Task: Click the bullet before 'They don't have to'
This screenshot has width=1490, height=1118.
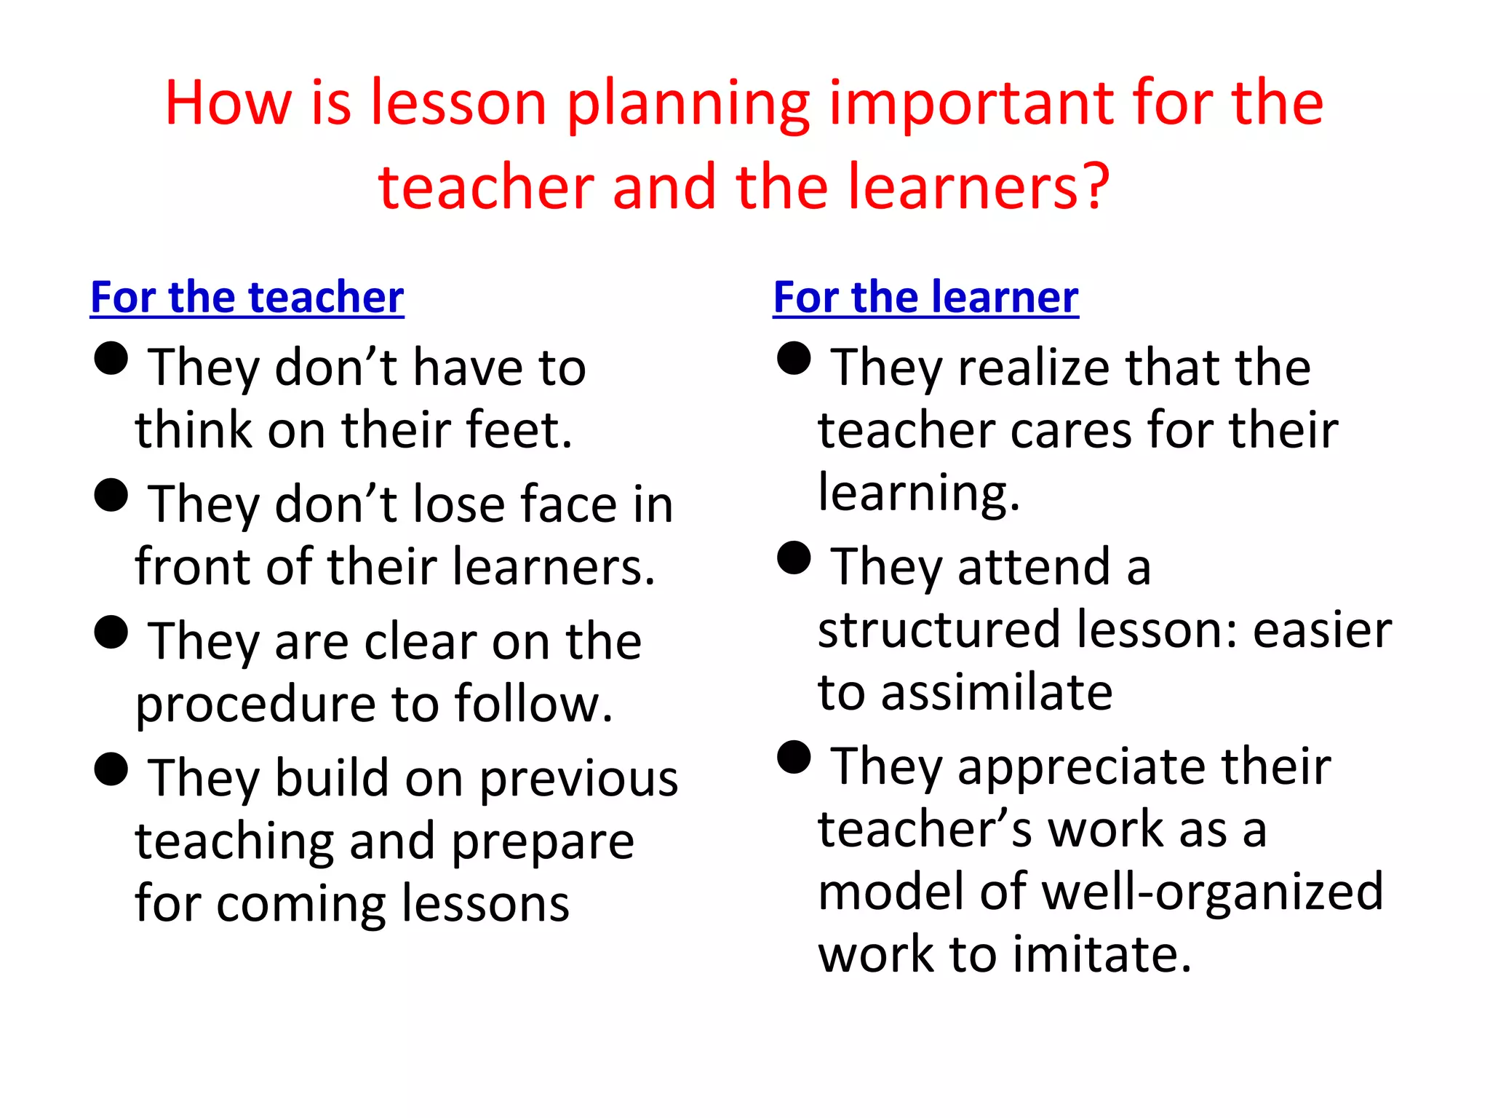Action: coord(111,359)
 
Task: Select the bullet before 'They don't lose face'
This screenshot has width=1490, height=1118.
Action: coord(111,496)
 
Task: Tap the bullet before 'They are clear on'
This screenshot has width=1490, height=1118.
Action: coord(111,632)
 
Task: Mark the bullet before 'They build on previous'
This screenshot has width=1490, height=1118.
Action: coord(111,769)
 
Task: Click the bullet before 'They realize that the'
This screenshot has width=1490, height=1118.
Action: coord(794,359)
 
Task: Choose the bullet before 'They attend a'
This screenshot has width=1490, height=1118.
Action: coord(794,558)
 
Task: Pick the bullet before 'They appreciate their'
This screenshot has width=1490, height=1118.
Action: coord(794,758)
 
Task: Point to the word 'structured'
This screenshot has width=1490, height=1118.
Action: coord(939,630)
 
